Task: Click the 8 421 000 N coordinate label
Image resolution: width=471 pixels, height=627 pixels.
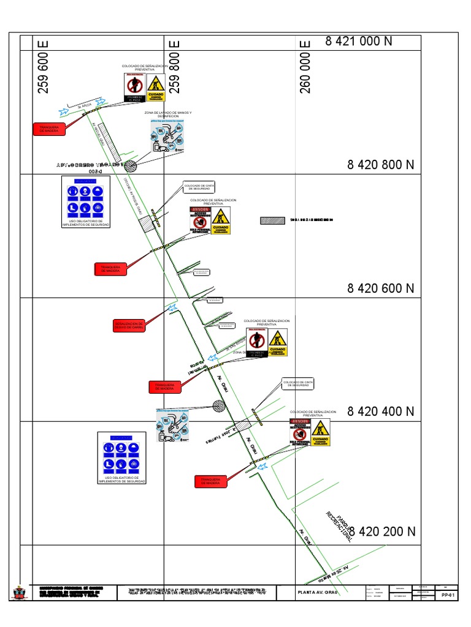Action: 359,41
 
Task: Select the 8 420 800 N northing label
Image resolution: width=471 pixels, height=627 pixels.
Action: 381,165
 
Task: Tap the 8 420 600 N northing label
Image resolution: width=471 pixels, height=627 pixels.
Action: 381,288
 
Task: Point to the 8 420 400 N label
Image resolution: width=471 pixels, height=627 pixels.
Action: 381,411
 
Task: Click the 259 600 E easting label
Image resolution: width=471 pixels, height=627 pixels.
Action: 44,67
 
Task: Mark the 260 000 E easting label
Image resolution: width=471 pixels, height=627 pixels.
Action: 305,67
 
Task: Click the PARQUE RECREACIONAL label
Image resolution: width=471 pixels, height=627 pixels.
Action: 339,524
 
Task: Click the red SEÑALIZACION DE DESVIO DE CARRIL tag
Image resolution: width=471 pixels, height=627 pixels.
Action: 129,325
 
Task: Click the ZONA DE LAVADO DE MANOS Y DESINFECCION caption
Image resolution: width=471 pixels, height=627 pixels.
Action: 167,114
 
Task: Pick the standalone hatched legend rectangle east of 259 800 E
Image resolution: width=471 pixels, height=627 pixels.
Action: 272,220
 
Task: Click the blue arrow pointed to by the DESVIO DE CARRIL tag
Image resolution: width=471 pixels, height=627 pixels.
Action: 172,308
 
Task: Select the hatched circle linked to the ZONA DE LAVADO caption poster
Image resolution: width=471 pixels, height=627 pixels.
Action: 129,165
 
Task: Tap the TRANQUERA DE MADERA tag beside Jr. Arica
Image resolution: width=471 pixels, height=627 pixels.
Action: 47,128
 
